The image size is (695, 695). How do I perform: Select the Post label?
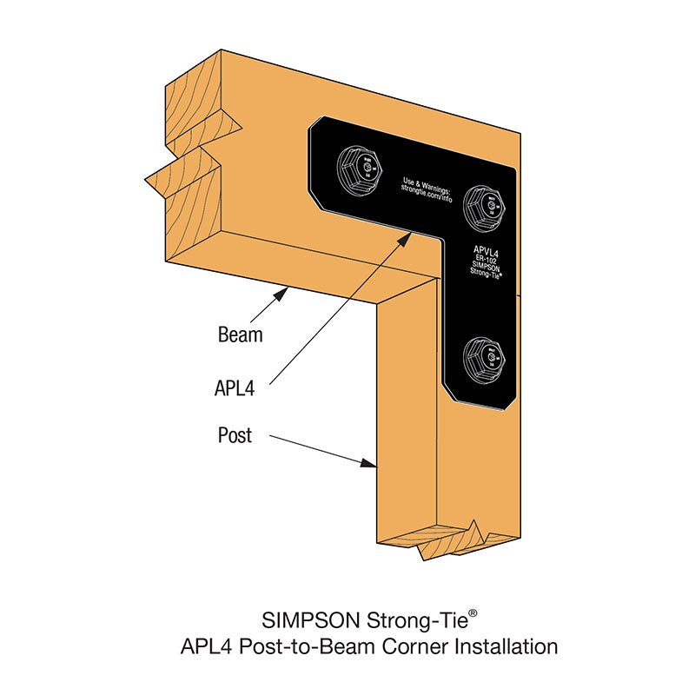click(x=235, y=434)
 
